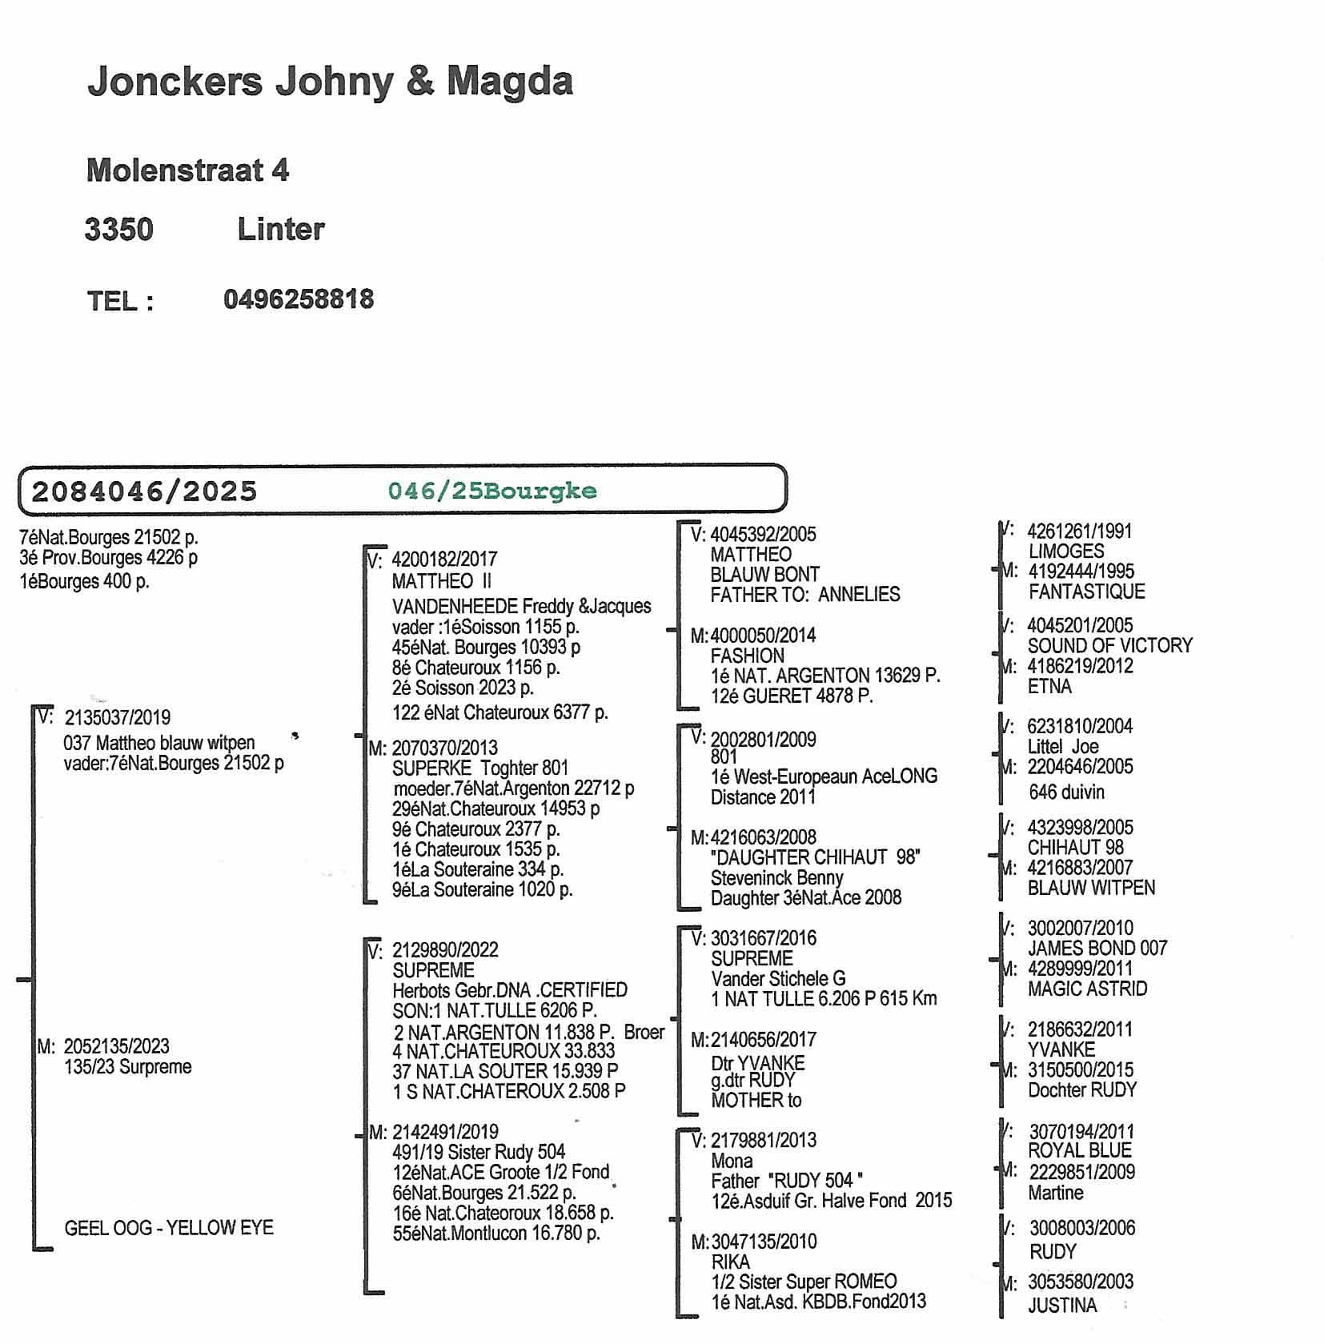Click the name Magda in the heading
pyautogui.click(x=509, y=82)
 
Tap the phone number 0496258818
pyautogui.click(x=299, y=299)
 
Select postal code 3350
pyautogui.click(x=119, y=230)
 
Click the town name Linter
pyautogui.click(x=281, y=230)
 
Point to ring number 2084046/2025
pyautogui.click(x=144, y=491)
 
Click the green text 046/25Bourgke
pyautogui.click(x=492, y=491)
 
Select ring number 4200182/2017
pyautogui.click(x=444, y=560)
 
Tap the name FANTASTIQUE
pyautogui.click(x=1086, y=592)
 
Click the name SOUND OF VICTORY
pyautogui.click(x=1109, y=645)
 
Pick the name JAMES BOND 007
pyautogui.click(x=1097, y=949)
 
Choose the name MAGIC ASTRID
pyautogui.click(x=1087, y=989)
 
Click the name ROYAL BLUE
pyautogui.click(x=1080, y=1151)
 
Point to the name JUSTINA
pyautogui.click(x=1062, y=1306)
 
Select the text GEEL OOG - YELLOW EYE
pyautogui.click(x=169, y=1228)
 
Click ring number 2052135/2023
pyautogui.click(x=117, y=1046)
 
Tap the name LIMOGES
pyautogui.click(x=1066, y=552)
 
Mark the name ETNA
pyautogui.click(x=1049, y=686)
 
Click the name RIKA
pyautogui.click(x=730, y=1262)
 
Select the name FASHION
pyautogui.click(x=747, y=656)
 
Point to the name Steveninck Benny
pyautogui.click(x=776, y=877)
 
